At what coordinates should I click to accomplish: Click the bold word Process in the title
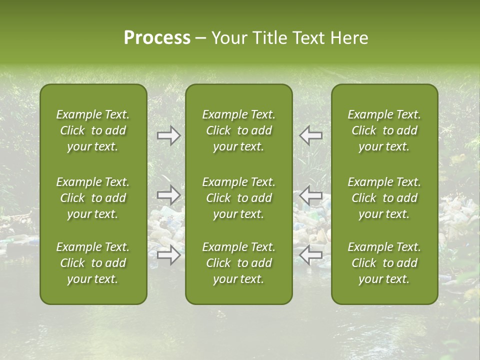(157, 38)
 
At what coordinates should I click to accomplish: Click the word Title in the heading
(267, 38)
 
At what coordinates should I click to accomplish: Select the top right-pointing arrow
(169, 136)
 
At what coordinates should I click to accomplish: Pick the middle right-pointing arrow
(169, 195)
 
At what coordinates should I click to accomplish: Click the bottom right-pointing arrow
(169, 255)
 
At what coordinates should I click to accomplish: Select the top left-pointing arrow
(311, 136)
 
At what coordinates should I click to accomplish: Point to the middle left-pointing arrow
(311, 195)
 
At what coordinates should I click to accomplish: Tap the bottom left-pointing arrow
(311, 255)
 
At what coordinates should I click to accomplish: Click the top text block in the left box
(93, 130)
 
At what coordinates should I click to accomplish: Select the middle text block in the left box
(93, 198)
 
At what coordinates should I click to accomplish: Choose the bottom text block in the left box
(93, 263)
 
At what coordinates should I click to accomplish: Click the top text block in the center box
(239, 130)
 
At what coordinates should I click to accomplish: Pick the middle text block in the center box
(239, 198)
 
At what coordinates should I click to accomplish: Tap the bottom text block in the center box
(239, 263)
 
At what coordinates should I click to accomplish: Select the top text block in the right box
(384, 130)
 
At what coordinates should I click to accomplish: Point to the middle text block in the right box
(384, 198)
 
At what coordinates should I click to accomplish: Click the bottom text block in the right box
(384, 263)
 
